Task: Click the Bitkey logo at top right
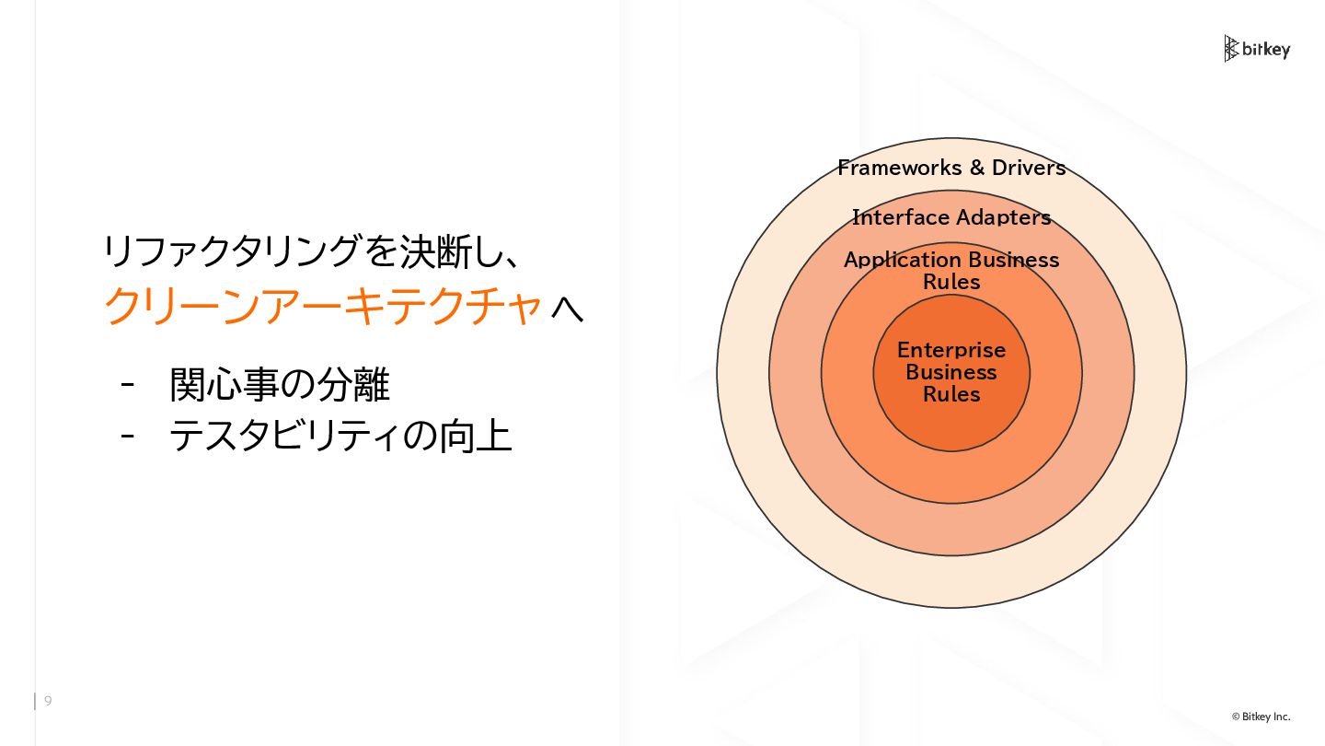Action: coord(1257,49)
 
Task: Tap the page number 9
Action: coord(48,701)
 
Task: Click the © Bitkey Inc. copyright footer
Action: coord(1261,717)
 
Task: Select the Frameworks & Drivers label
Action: coord(951,168)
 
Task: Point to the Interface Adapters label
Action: coord(951,217)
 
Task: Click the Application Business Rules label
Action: coord(951,271)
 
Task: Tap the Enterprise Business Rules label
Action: coord(951,372)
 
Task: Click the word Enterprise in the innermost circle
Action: coord(951,350)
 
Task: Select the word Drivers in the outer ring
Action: coord(1029,168)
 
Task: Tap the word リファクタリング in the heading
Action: coord(229,251)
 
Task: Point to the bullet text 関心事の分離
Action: coord(280,385)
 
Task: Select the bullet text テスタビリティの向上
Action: coord(340,436)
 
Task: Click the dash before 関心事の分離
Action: coord(128,385)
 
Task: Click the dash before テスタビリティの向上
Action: coord(128,436)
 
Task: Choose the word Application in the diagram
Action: coord(896,260)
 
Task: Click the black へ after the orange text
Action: coord(567,308)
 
